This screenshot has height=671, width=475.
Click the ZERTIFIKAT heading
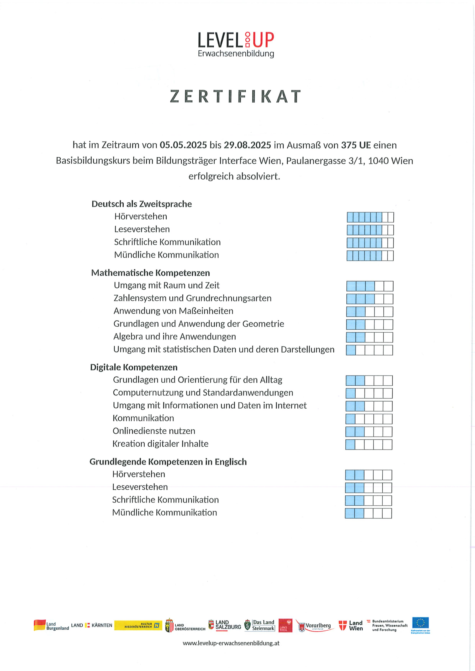[235, 97]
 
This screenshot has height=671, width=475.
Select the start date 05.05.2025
[183, 145]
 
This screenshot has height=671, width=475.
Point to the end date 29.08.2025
[247, 145]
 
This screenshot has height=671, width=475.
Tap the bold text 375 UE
[356, 145]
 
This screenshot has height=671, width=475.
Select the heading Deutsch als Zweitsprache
[142, 204]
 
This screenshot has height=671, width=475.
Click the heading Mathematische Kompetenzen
[150, 273]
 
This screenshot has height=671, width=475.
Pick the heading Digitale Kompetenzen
[134, 367]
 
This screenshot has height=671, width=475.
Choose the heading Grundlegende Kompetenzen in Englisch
[168, 462]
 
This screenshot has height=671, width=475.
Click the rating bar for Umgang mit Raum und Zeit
[370, 286]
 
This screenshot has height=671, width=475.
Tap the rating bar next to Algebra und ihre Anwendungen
[369, 337]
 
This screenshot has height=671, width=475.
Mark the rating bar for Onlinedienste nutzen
[369, 432]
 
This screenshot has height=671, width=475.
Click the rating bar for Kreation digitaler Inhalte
[369, 445]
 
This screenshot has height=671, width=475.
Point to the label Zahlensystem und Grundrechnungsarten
[192, 298]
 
